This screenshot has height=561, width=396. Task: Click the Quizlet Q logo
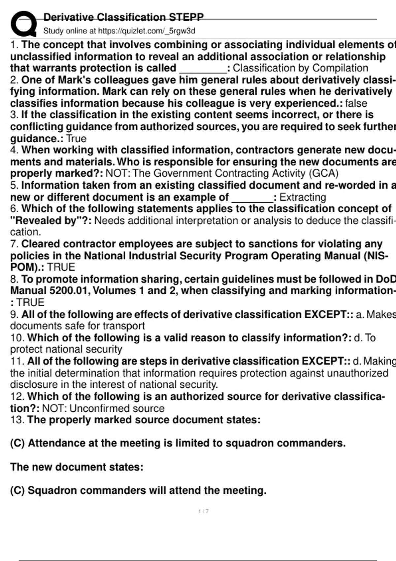pyautogui.click(x=23, y=24)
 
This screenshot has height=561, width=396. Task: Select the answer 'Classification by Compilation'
pyautogui.click(x=300, y=68)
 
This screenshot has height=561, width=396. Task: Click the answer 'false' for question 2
pyautogui.click(x=356, y=103)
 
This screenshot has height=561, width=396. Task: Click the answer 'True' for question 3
pyautogui.click(x=76, y=139)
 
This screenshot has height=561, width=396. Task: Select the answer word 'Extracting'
pyautogui.click(x=303, y=197)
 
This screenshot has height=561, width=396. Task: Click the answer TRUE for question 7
pyautogui.click(x=61, y=267)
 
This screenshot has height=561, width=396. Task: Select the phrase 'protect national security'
pyautogui.click(x=66, y=349)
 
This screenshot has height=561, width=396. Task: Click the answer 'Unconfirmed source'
pyautogui.click(x=117, y=408)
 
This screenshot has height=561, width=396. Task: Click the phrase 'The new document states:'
pyautogui.click(x=77, y=467)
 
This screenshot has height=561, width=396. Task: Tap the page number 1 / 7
pyautogui.click(x=203, y=511)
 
